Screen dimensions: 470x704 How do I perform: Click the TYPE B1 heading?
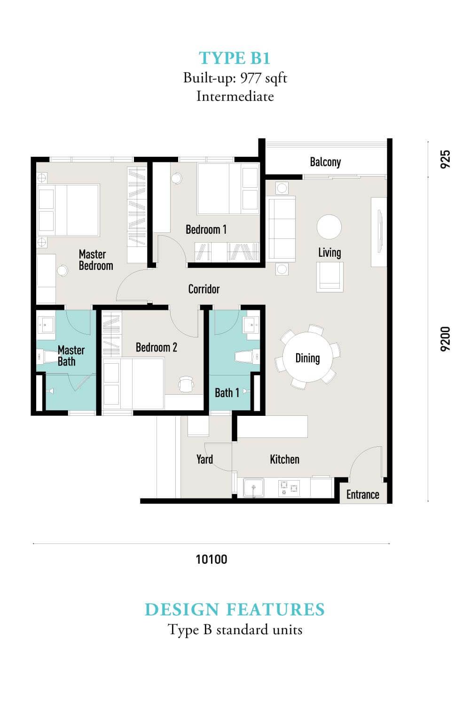coord(235,58)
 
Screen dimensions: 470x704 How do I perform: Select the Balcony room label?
coord(325,162)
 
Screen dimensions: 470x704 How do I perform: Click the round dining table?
coord(307,357)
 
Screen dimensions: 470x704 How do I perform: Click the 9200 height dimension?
coord(445,339)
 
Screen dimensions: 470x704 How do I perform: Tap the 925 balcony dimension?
coord(445,160)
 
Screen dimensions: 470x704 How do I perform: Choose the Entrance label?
coord(363,494)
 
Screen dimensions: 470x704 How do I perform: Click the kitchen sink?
coord(254,488)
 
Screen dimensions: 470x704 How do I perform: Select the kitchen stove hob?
coord(289,488)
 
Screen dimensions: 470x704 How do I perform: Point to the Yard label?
coord(204,459)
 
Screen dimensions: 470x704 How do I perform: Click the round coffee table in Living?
coord(329,227)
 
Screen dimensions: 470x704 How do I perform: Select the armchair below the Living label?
coord(329,276)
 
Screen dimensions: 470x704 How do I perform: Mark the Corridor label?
coord(204,289)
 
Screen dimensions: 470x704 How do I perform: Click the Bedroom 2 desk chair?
coord(186,384)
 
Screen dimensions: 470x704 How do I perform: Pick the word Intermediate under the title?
coord(235,96)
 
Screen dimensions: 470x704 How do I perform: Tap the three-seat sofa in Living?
coord(282,229)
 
